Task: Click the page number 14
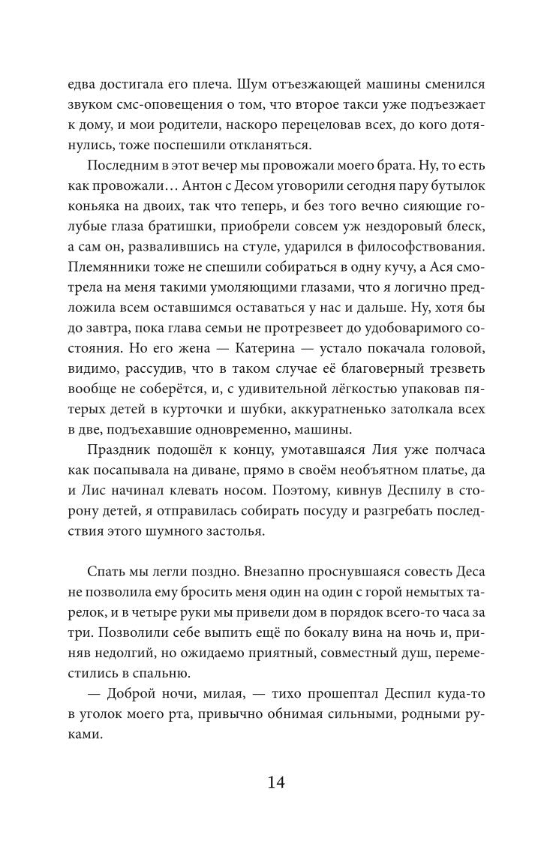[x=275, y=782]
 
